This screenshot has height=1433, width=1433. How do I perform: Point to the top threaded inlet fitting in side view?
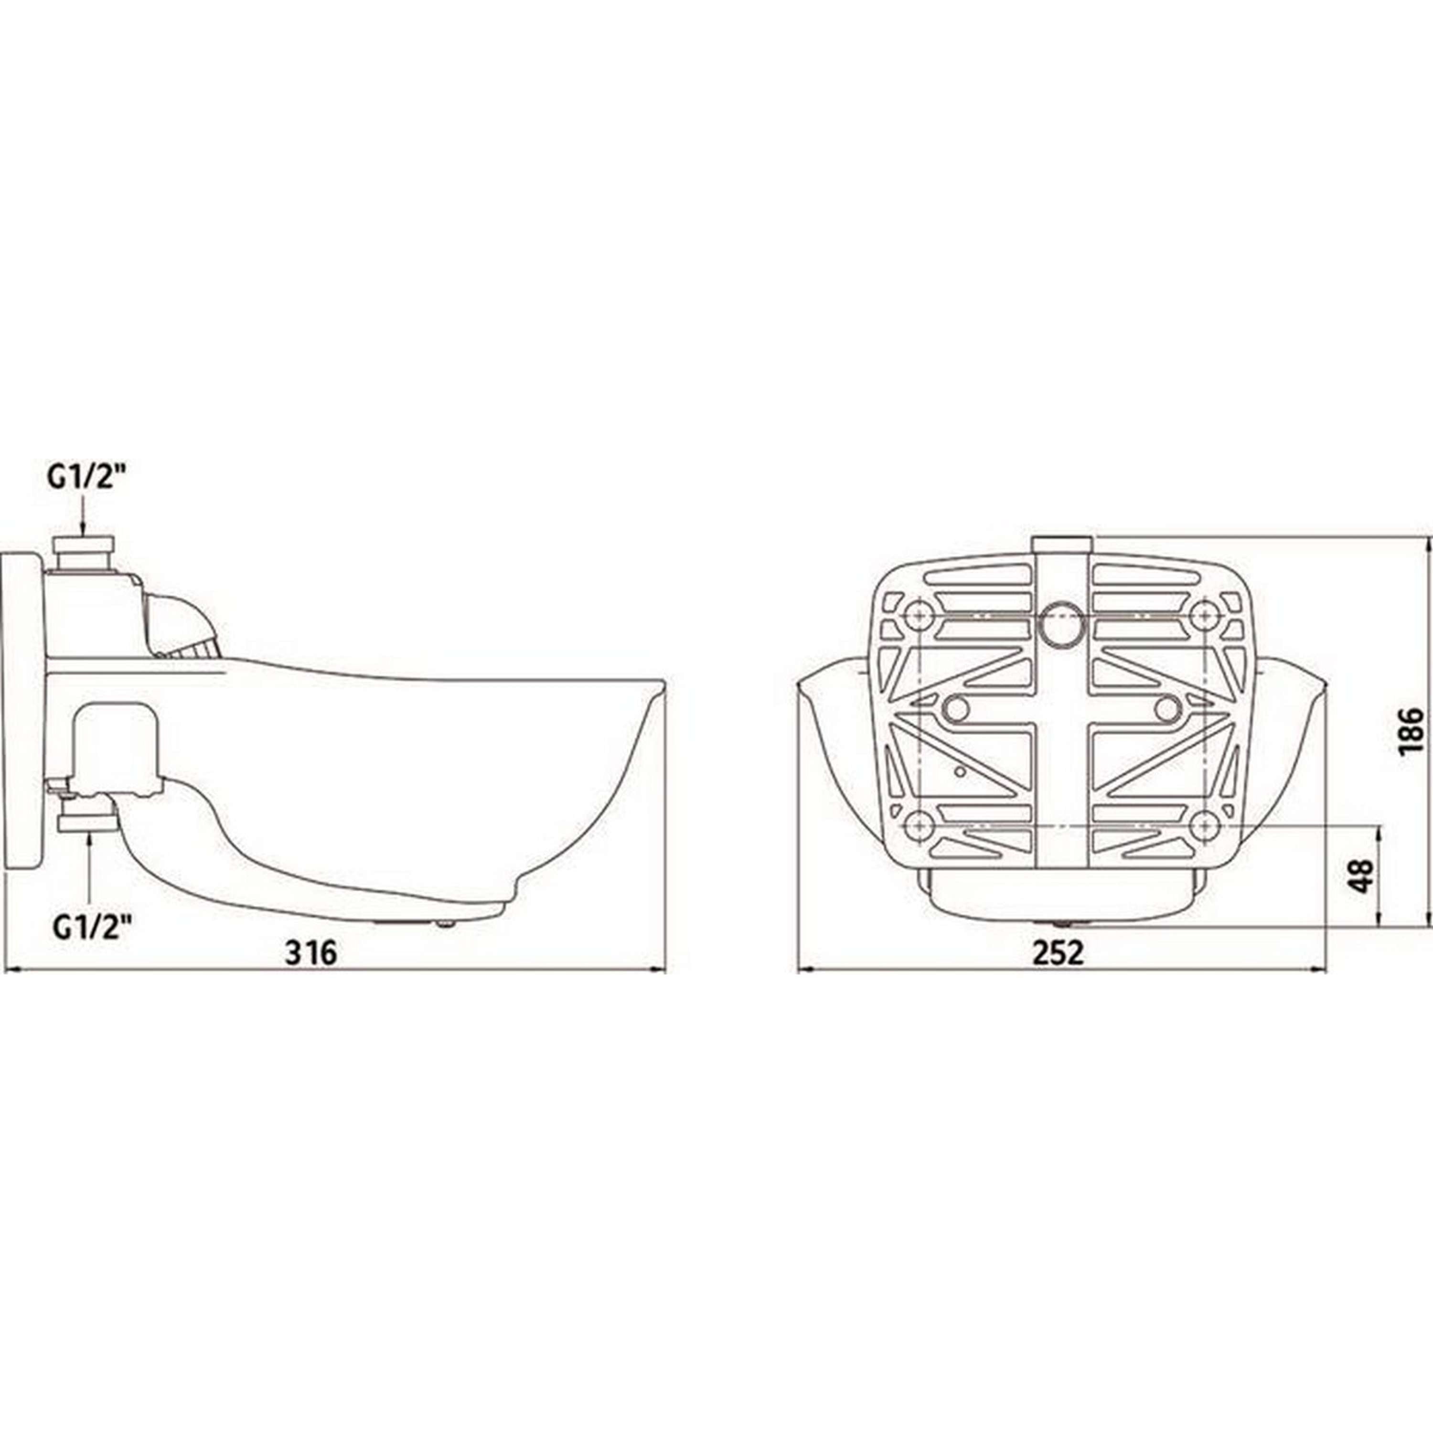coord(83,553)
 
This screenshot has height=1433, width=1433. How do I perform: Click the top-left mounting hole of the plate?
coord(919,614)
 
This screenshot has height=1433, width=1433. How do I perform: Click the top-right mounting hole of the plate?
coord(1205,614)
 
